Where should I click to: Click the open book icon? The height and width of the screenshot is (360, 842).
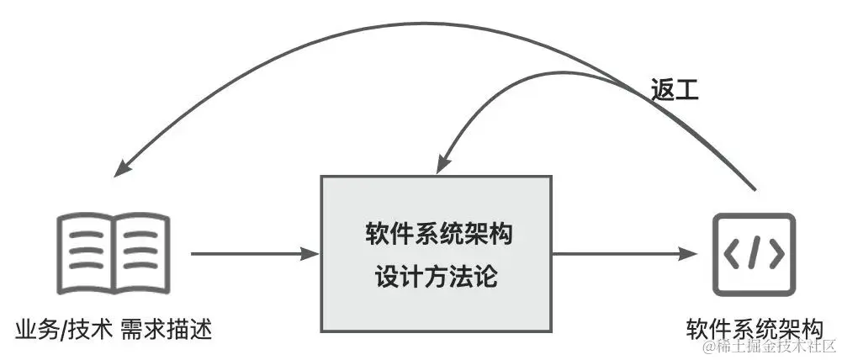click(113, 251)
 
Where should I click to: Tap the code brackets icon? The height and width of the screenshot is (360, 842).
click(752, 253)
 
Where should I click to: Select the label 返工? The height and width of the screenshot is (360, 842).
click(675, 90)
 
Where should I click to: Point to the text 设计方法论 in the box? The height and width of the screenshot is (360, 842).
click(437, 275)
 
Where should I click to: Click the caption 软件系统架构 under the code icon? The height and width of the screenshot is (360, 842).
click(752, 326)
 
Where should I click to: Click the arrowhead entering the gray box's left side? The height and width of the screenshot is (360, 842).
click(312, 252)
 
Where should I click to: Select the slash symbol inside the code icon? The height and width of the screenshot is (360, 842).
click(752, 253)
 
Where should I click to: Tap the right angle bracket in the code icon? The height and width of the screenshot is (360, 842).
click(773, 253)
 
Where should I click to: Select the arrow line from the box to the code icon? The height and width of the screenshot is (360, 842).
click(622, 252)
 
